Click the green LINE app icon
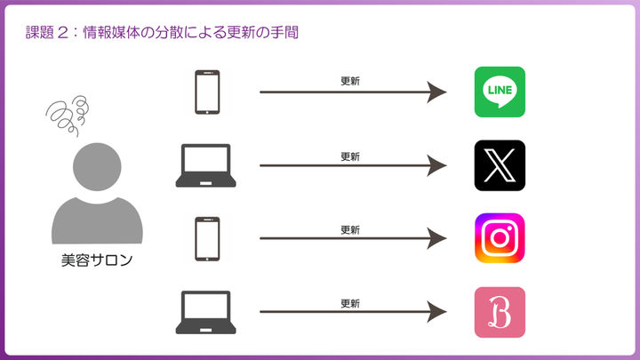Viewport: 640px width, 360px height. click(500, 92)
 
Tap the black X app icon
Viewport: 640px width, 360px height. click(500, 165)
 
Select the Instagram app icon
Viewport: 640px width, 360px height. click(500, 238)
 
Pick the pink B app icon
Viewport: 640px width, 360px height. click(500, 312)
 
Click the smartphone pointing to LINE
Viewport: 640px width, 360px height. click(207, 92)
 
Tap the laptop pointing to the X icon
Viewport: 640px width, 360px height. click(205, 165)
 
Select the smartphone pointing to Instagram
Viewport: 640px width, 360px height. click(207, 239)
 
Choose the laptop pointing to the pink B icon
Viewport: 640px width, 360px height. click(205, 312)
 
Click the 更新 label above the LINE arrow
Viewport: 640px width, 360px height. click(350, 81)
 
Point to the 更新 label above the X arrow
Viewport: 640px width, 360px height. click(350, 156)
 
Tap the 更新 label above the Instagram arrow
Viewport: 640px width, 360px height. click(350, 230)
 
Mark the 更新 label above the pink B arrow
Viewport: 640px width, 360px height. click(350, 303)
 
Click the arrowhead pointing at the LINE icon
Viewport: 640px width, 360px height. click(436, 92)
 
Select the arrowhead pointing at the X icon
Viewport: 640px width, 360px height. click(436, 165)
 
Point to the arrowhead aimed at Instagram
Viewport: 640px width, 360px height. click(436, 238)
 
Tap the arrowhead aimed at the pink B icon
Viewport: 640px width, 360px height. click(436, 312)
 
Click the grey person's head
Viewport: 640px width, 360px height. click(97, 166)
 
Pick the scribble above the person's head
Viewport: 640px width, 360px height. click(68, 116)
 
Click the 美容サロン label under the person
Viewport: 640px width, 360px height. click(97, 260)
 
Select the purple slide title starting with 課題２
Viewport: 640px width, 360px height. click(162, 32)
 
